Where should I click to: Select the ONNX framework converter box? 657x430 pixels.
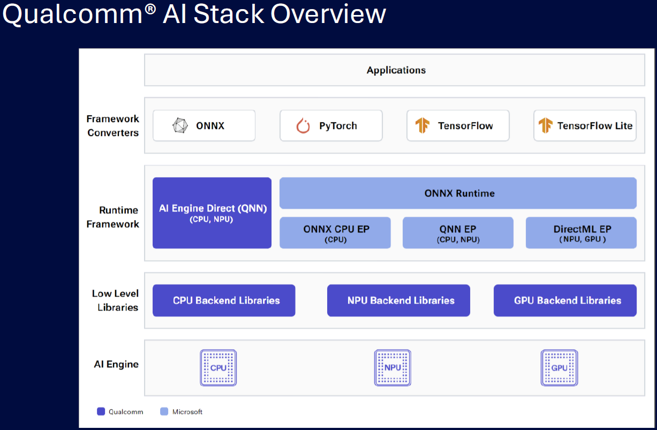point(203,126)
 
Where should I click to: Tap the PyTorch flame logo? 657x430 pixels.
point(303,126)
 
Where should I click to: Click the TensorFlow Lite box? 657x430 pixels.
point(585,126)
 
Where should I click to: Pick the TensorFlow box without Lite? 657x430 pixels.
point(458,126)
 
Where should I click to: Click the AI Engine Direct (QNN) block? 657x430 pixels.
point(212,213)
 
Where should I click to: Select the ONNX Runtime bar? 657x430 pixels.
point(458,193)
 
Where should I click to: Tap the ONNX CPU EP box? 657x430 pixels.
point(335,232)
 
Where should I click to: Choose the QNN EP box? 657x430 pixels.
point(458,232)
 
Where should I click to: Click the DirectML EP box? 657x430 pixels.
point(581,232)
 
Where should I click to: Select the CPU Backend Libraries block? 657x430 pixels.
point(224,300)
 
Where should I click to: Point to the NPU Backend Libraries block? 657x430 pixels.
point(398,300)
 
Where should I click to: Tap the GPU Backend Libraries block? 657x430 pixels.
point(565,300)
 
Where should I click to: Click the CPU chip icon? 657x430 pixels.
point(218,368)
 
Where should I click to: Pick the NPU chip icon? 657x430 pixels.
point(392,368)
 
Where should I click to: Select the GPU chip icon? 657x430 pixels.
point(559,368)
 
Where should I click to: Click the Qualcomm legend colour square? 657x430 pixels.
point(101,412)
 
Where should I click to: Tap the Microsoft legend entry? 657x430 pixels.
point(182,412)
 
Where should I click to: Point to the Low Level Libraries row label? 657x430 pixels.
point(115,300)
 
